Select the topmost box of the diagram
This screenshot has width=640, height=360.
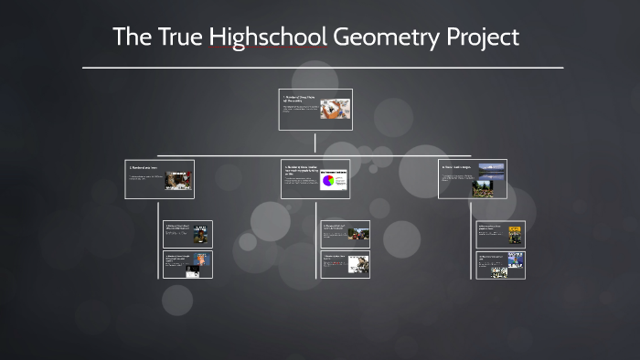(315, 111)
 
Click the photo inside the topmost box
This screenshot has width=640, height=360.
(335, 111)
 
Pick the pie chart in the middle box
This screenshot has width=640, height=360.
(328, 181)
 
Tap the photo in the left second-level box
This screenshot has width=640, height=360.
(178, 179)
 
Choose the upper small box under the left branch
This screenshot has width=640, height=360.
(187, 234)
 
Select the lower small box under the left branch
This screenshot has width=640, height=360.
(187, 264)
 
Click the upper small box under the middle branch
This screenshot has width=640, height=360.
(345, 234)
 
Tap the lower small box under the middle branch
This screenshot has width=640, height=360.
(345, 264)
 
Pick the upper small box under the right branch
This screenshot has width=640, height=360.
(501, 235)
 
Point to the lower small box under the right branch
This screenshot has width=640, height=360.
(501, 265)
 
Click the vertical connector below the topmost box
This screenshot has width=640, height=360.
(315, 142)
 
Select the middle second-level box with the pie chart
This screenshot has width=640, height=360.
(315, 179)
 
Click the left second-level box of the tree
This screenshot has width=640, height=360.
(159, 179)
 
